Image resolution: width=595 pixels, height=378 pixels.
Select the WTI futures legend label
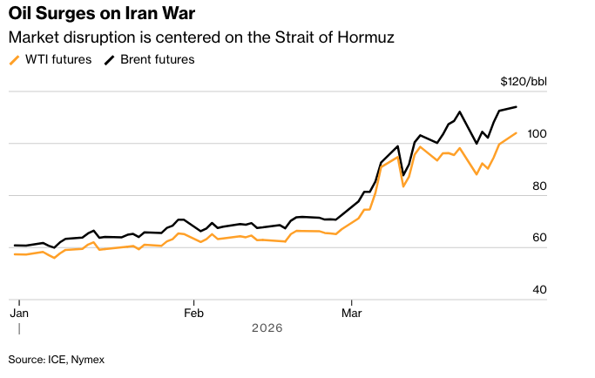pos(57,60)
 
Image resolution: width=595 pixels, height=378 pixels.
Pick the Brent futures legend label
pos(157,60)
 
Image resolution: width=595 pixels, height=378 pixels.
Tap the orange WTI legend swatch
pos(13,60)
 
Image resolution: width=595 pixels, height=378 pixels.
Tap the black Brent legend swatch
pos(110,60)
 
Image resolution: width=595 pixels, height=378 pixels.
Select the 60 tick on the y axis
pos(538,238)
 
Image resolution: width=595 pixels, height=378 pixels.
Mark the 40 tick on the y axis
pos(538,289)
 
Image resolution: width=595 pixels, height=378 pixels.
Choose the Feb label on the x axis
pos(193,312)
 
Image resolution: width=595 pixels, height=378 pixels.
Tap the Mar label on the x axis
pos(352,312)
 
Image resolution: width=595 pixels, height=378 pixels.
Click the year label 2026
pos(267,328)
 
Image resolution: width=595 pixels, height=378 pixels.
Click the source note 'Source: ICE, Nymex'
pos(57,359)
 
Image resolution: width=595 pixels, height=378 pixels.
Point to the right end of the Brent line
pos(517,107)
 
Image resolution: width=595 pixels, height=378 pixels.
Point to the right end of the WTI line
pos(517,133)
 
